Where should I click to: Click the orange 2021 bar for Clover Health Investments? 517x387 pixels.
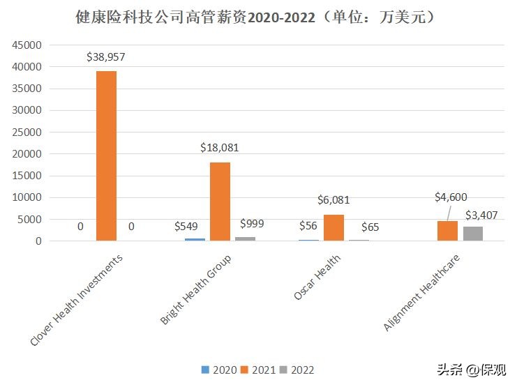(106, 156)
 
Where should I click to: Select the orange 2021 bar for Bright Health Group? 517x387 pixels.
(220, 202)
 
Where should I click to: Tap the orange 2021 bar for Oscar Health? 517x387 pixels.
(334, 227)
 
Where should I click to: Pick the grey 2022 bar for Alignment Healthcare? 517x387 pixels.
(473, 234)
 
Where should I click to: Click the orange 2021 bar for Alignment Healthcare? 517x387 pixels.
(447, 231)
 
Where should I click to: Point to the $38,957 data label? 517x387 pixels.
(106, 57)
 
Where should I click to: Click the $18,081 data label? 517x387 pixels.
(220, 148)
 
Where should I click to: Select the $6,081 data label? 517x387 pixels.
(334, 200)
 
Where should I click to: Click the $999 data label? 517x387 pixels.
(253, 223)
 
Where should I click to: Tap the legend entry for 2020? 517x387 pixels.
(218, 370)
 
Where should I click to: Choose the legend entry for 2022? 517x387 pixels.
(297, 370)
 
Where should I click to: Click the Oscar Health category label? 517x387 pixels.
(318, 278)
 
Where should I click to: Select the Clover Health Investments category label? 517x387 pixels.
(77, 300)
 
